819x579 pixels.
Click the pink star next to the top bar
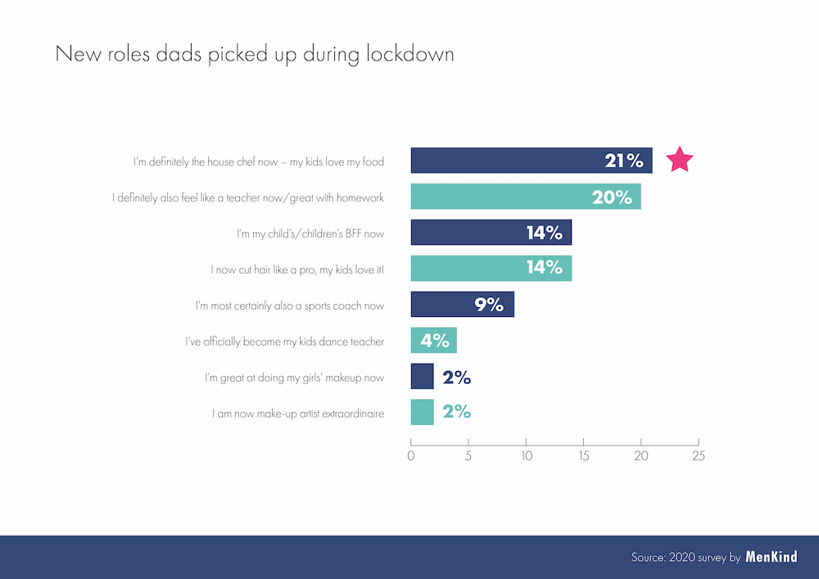click(x=680, y=160)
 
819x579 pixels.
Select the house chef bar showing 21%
click(x=531, y=161)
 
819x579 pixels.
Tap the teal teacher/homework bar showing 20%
click(x=525, y=197)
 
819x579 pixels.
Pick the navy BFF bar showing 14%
click(x=491, y=233)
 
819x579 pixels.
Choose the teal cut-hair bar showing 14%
click(x=491, y=269)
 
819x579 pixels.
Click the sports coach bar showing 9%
click(x=462, y=305)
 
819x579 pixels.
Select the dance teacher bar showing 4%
click(x=433, y=341)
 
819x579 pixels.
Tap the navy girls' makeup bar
click(x=422, y=377)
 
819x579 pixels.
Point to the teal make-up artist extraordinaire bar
click(x=422, y=412)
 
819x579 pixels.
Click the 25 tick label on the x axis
click(x=698, y=456)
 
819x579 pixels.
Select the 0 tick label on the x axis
click(x=410, y=456)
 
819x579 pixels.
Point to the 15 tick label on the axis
click(x=583, y=456)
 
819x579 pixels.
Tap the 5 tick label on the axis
click(x=468, y=456)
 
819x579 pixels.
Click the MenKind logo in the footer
click(x=771, y=557)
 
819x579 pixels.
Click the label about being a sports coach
click(x=290, y=305)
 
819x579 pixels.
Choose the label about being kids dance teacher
click(x=284, y=342)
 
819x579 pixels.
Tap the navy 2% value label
click(x=456, y=378)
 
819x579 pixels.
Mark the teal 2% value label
click(x=456, y=413)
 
